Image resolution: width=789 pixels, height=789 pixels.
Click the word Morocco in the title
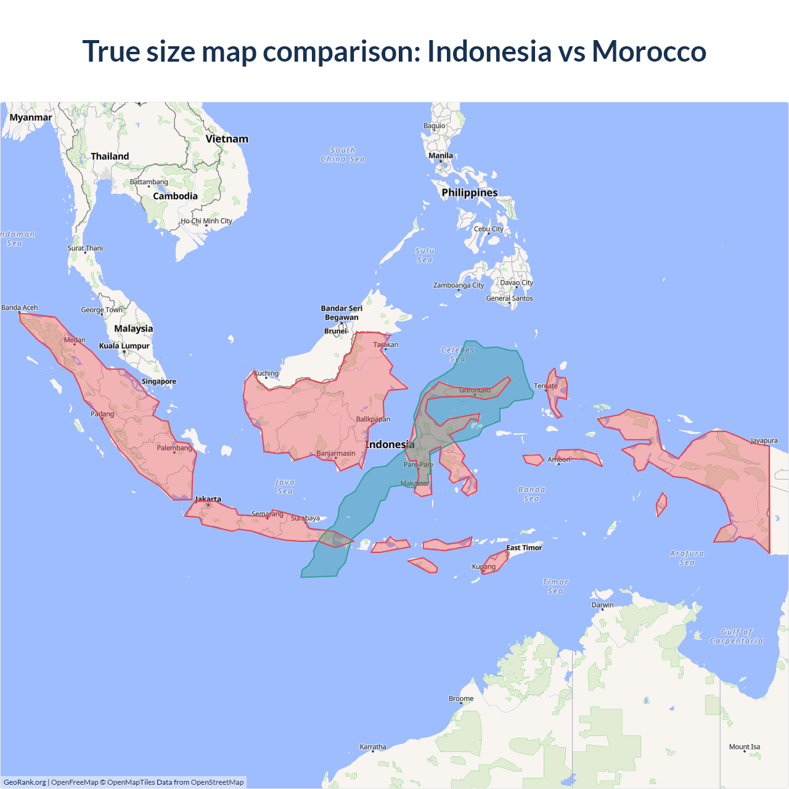pyautogui.click(x=648, y=51)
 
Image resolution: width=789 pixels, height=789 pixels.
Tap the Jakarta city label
pyautogui.click(x=208, y=499)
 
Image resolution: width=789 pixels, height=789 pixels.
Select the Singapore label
pyautogui.click(x=159, y=382)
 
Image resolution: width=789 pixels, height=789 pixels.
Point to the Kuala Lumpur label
pyautogui.click(x=125, y=346)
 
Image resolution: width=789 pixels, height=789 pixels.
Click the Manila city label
pyautogui.click(x=441, y=156)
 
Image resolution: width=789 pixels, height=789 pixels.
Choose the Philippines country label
pyautogui.click(x=469, y=192)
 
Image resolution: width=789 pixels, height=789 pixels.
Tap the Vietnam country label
pyautogui.click(x=227, y=139)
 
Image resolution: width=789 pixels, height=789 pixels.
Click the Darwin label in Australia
pyautogui.click(x=602, y=605)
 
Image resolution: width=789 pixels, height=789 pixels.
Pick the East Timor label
pyautogui.click(x=524, y=547)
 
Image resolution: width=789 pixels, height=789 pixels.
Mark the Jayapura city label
pyautogui.click(x=764, y=441)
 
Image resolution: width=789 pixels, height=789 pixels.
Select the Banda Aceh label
pyautogui.click(x=20, y=308)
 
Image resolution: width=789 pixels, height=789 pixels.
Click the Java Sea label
pyautogui.click(x=285, y=486)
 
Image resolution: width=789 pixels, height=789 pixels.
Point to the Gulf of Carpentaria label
pyautogui.click(x=736, y=636)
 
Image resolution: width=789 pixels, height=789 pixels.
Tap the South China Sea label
pyautogui.click(x=343, y=155)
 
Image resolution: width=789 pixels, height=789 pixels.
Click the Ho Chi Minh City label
pyautogui.click(x=206, y=221)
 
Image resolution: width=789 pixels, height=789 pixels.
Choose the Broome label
pyautogui.click(x=461, y=698)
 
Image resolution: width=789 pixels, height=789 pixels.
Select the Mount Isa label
pyautogui.click(x=744, y=746)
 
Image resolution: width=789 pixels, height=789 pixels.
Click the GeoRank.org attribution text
pyautogui.click(x=25, y=782)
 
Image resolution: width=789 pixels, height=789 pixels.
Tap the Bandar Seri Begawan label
pyautogui.click(x=341, y=313)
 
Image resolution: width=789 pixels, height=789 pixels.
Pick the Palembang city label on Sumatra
pyautogui.click(x=174, y=448)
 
